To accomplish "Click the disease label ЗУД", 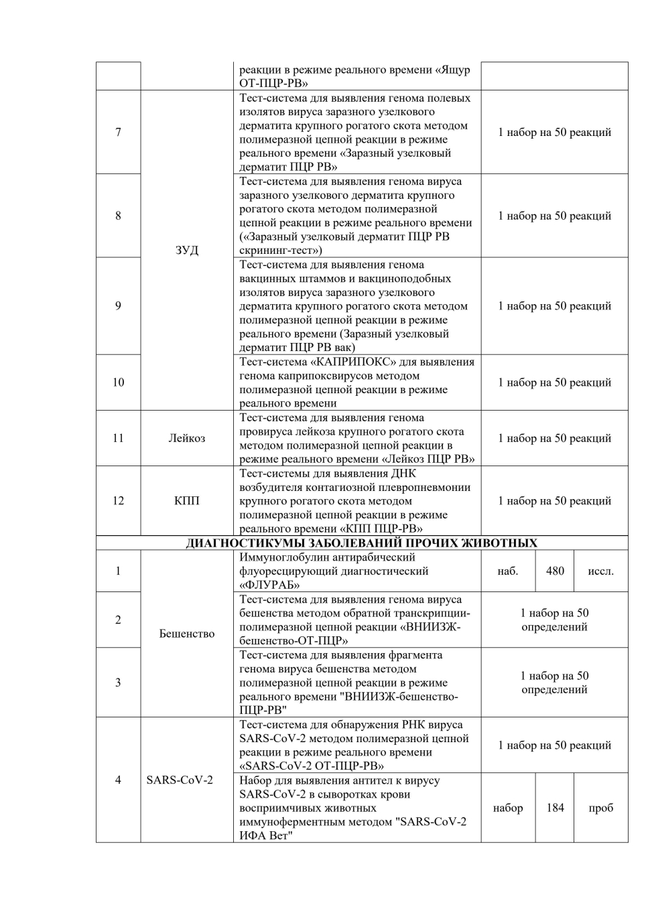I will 187,250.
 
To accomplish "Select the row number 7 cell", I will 118,132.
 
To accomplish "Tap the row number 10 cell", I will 118,382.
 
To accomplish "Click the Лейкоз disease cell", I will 187,438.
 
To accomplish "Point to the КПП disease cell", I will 187,500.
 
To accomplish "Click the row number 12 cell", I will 118,500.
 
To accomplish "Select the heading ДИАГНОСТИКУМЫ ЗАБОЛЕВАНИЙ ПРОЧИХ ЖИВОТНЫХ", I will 361,543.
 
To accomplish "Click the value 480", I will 555,571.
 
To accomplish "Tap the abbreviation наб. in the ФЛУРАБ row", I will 508,571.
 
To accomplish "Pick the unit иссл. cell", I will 600,571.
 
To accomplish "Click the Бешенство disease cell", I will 187,634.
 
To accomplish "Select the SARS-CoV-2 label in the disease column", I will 180,780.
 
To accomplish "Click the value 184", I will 555,808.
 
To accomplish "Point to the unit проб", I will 600,808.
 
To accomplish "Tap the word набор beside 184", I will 508,808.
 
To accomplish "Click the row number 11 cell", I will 118,438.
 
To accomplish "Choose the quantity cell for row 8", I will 554,216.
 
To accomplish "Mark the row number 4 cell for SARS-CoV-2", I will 118,780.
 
